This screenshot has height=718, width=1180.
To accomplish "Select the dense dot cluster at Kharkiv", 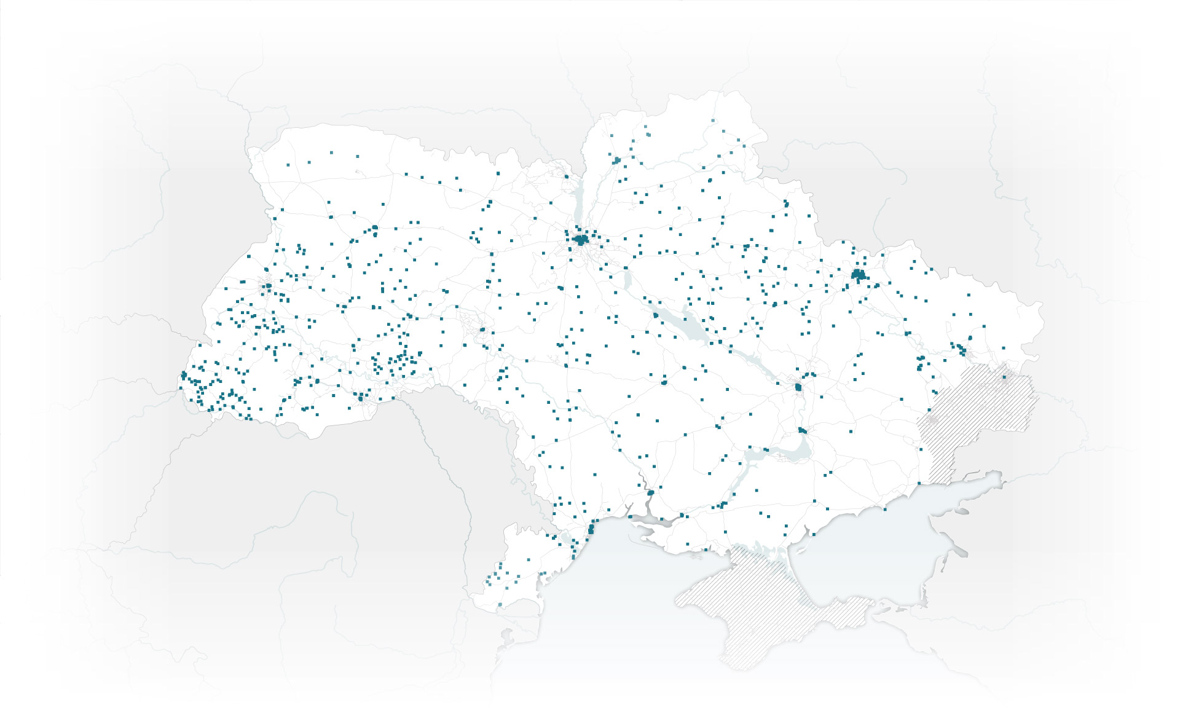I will click(858, 275).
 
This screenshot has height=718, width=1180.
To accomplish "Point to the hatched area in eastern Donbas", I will click(983, 400).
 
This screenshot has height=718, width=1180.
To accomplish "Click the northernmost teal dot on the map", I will click(713, 120).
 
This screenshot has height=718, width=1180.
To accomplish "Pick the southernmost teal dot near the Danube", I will click(500, 607).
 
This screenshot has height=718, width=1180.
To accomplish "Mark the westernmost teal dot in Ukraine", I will click(181, 387).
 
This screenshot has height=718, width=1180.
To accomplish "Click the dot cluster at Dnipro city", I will click(798, 387).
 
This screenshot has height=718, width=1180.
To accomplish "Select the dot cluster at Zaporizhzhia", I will click(802, 430).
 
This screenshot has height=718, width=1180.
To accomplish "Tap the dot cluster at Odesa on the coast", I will click(591, 529).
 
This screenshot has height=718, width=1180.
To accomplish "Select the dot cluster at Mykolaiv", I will click(650, 493).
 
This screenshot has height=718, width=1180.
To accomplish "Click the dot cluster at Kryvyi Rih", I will click(717, 426).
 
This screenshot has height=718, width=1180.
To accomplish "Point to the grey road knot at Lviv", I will click(268, 286).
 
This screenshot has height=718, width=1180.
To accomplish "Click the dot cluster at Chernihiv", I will click(616, 161).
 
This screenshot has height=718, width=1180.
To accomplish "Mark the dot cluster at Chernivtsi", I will click(360, 398).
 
